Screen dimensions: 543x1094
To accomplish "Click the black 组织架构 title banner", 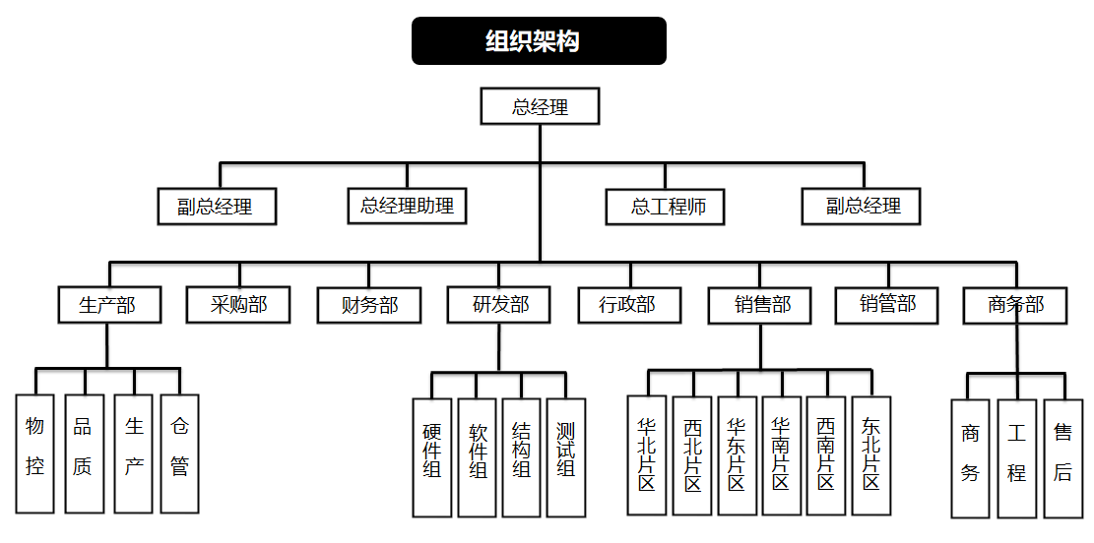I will pyautogui.click(x=539, y=41).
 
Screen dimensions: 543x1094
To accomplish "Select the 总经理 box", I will pyautogui.click(x=540, y=106).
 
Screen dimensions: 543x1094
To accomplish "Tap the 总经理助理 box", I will pyautogui.click(x=407, y=206).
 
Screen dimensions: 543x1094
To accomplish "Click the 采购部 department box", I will pyautogui.click(x=239, y=305).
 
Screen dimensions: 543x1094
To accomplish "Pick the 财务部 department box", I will pyautogui.click(x=369, y=305).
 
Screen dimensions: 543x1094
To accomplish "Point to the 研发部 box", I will pyautogui.click(x=500, y=305).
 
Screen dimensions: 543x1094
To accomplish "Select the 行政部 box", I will pyautogui.click(x=629, y=305).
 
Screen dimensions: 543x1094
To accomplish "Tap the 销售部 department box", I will pyautogui.click(x=761, y=305).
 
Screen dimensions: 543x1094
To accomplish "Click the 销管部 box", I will pyautogui.click(x=887, y=305).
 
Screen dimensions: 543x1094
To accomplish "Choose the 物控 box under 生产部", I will pyautogui.click(x=35, y=453).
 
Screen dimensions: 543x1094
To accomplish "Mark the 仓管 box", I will pyautogui.click(x=179, y=453).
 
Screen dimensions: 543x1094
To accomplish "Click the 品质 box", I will pyautogui.click(x=84, y=453).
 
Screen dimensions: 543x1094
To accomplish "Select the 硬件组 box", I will pyautogui.click(x=432, y=457).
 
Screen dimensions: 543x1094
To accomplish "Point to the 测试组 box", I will pyautogui.click(x=565, y=457).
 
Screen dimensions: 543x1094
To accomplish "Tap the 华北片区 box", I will pyautogui.click(x=647, y=454).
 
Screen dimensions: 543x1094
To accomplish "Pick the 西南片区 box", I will pyautogui.click(x=826, y=454).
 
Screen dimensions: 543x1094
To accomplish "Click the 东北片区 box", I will pyautogui.click(x=871, y=454).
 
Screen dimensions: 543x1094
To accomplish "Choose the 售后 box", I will pyautogui.click(x=1062, y=458).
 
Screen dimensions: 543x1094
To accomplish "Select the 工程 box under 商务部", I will pyautogui.click(x=1016, y=458).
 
